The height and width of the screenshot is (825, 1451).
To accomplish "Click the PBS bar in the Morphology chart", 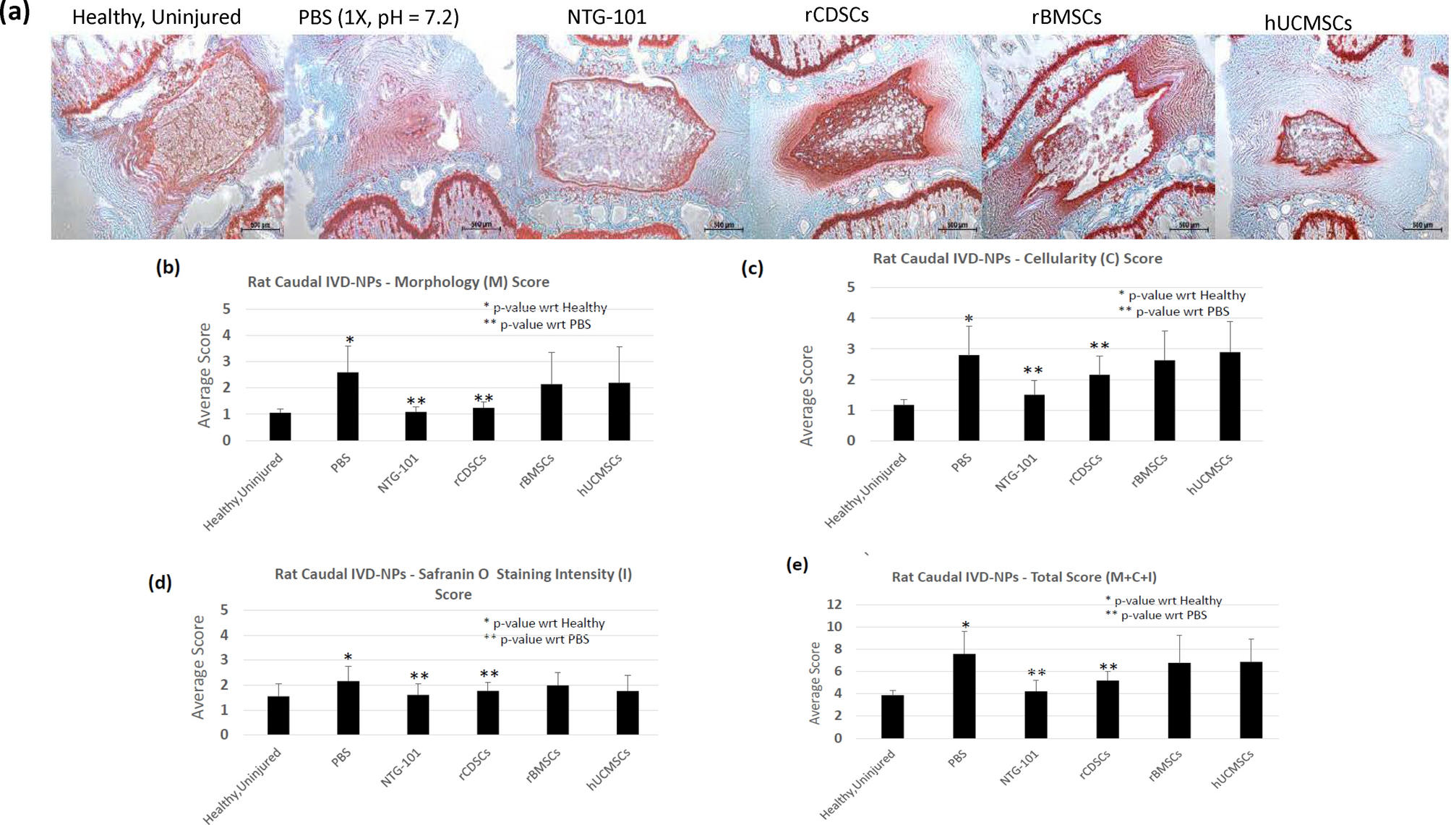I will click(x=348, y=406).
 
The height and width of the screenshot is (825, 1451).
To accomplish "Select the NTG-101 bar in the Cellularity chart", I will click(x=1034, y=417).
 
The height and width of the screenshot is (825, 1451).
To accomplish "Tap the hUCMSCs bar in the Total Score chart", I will click(x=1251, y=700).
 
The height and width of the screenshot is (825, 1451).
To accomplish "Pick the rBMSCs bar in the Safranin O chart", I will click(x=557, y=710).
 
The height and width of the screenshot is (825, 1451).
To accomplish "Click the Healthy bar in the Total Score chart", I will click(x=892, y=717).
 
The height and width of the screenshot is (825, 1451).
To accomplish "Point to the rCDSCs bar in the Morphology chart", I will click(x=483, y=424).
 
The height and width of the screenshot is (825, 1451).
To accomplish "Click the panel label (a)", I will click(x=15, y=12).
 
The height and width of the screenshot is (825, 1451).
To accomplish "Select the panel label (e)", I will click(x=797, y=565).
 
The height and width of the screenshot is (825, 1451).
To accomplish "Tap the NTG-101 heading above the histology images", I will click(x=606, y=17).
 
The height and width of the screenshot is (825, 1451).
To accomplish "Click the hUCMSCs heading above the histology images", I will click(x=1307, y=23).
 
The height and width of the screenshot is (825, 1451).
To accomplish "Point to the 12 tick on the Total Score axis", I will click(x=834, y=604).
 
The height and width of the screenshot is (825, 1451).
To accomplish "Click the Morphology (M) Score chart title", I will click(x=398, y=282).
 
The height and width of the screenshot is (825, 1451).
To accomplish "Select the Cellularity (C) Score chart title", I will click(x=1017, y=259).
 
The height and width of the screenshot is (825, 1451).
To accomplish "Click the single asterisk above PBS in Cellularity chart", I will click(x=969, y=319).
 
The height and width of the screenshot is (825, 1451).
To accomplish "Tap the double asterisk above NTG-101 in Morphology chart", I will click(x=416, y=401).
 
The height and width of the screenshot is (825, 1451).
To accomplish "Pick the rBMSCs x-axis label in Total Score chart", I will click(x=1165, y=766).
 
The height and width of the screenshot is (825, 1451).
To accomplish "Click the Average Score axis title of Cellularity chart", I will click(x=807, y=395).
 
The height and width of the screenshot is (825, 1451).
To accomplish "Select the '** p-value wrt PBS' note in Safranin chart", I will click(x=536, y=639).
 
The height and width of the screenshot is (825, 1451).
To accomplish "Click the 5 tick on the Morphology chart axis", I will click(x=226, y=309).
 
